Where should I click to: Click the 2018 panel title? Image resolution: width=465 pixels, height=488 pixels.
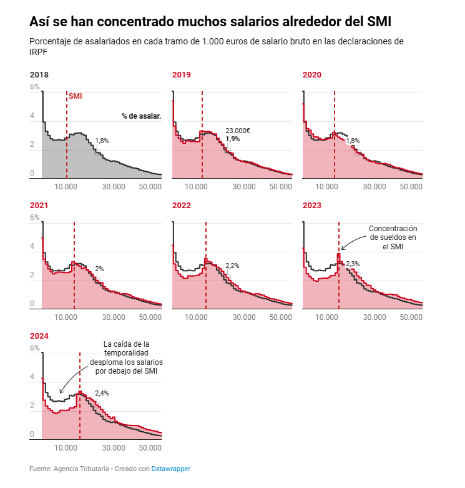tap(39, 75)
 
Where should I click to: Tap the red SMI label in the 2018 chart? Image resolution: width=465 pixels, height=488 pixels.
tap(75, 96)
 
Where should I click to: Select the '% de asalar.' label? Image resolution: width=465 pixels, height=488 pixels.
tap(141, 116)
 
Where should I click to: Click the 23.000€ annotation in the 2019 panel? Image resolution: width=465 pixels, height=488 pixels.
tap(238, 131)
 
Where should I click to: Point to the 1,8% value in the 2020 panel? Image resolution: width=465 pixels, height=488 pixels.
tap(353, 141)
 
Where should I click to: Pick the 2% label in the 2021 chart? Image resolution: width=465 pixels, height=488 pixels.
tap(99, 269)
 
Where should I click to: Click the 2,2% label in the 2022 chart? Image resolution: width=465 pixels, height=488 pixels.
tap(232, 266)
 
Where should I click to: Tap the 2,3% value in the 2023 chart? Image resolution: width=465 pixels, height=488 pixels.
tap(353, 264)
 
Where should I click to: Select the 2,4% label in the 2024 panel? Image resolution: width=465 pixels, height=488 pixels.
tap(102, 393)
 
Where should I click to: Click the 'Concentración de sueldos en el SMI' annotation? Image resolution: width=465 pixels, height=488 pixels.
tap(392, 237)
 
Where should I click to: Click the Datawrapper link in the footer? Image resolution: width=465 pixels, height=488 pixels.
tap(170, 469)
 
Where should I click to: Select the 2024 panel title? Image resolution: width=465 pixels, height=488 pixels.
tap(39, 336)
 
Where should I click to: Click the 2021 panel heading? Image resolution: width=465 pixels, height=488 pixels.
tap(39, 205)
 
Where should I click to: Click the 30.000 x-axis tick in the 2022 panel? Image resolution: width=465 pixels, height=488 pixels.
tap(244, 317)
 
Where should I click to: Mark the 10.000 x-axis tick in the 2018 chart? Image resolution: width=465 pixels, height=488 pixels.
tap(66, 187)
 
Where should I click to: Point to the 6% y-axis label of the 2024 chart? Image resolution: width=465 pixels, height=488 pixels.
tap(34, 348)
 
